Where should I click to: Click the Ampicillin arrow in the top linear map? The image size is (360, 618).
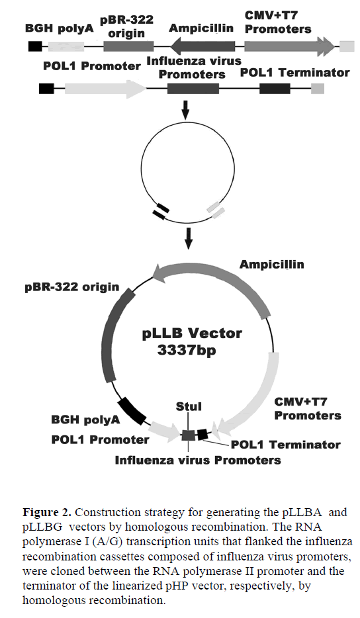coord(202,46)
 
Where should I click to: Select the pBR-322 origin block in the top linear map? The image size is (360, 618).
coord(128,46)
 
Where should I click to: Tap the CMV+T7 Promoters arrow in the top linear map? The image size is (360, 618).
coord(290,46)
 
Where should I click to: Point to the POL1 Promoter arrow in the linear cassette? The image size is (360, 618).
coord(105,89)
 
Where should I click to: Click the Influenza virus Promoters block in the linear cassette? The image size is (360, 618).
coord(193,89)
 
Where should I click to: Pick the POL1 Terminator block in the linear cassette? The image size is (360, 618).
coord(275,89)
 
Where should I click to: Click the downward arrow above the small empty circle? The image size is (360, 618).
coord(185,110)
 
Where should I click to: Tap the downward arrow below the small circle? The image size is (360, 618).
coord(189,238)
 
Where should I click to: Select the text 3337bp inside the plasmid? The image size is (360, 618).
coord(187,349)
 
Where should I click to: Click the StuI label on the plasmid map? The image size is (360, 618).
coord(189,406)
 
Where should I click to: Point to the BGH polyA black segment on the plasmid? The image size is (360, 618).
coord(132,411)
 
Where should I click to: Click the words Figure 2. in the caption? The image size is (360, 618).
coord(47,513)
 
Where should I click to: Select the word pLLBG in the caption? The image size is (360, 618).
coord(42,527)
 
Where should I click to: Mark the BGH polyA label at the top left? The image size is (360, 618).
coord(60,28)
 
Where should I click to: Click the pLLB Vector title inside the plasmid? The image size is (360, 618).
coord(192,333)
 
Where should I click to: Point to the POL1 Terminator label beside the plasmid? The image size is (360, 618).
coord(285,445)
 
